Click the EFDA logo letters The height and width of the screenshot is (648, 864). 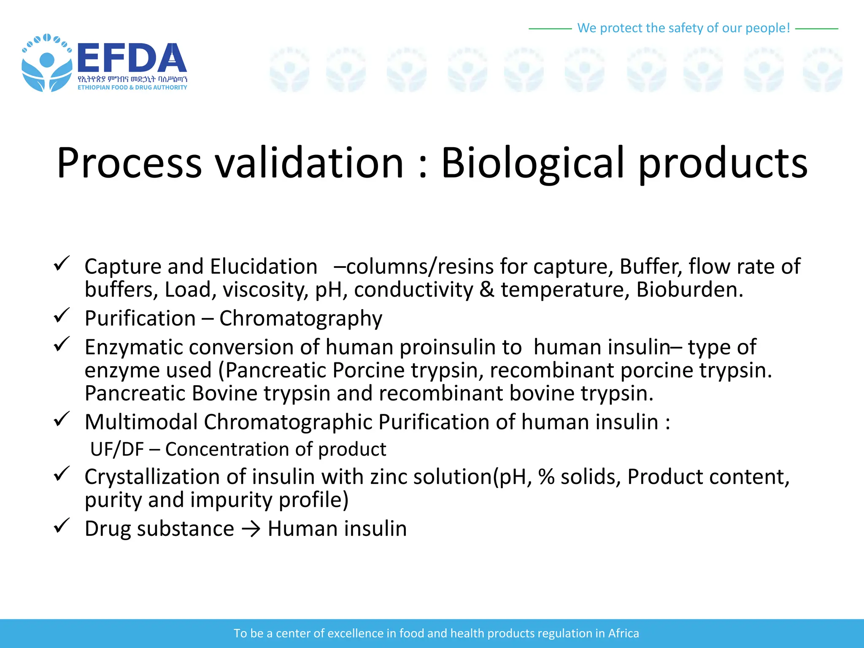132,58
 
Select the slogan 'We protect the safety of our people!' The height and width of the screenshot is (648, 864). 683,28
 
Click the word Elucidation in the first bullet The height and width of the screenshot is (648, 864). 264,267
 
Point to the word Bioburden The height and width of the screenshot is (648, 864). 689,290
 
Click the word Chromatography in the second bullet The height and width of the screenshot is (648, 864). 300,319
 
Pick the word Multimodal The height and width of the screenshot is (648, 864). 141,422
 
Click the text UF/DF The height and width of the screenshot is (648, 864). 117,449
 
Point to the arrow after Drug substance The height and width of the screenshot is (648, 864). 251,529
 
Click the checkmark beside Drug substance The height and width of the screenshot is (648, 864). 62,526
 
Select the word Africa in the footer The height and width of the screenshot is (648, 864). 623,633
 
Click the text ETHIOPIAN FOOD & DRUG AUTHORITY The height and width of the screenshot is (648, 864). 132,87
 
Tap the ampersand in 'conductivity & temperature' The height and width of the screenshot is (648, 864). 487,290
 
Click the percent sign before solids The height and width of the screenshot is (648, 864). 546,477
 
